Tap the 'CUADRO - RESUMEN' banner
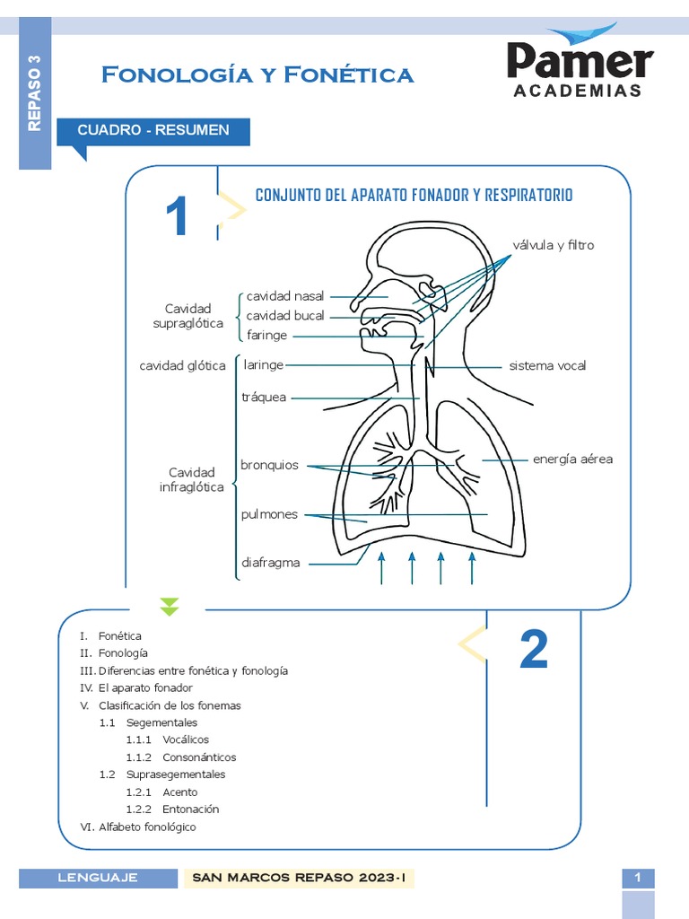[153, 130]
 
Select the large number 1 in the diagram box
[177, 217]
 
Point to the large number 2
[534, 650]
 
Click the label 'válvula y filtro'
[553, 245]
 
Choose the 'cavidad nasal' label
[285, 295]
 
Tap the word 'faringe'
[266, 335]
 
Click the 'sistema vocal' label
[547, 366]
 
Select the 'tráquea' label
[264, 397]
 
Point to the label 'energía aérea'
[572, 459]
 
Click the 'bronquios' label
[269, 465]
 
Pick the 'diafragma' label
[270, 564]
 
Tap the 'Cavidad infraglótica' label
[192, 479]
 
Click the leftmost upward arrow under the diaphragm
[381, 568]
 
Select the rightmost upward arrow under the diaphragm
[472, 568]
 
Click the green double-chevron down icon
[170, 607]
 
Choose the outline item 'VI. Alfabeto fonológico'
[137, 827]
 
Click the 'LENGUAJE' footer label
[98, 878]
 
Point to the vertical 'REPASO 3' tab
[35, 93]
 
